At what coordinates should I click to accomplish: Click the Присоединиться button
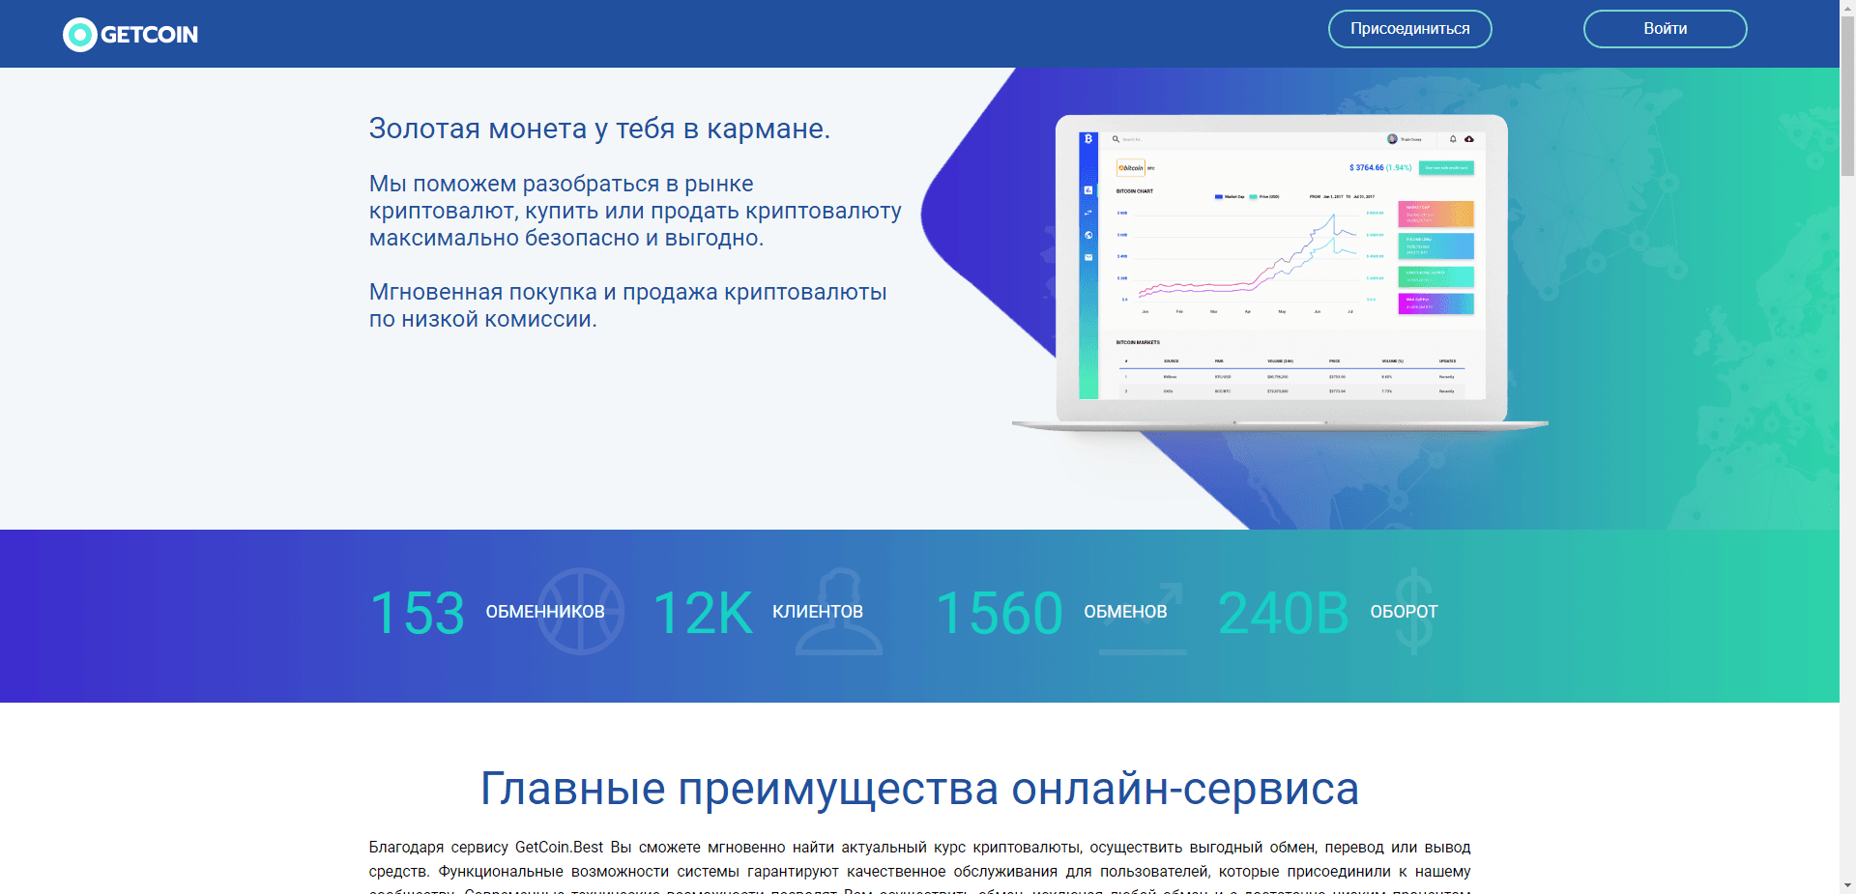point(1409,29)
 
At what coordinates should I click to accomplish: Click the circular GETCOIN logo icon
point(79,35)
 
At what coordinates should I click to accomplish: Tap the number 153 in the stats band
point(418,613)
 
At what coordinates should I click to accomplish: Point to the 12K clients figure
point(703,613)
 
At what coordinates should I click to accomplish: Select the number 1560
point(999,613)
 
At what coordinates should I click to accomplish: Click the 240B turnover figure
point(1283,613)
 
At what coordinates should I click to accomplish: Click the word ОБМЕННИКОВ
point(545,612)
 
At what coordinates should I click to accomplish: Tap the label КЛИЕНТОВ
point(818,612)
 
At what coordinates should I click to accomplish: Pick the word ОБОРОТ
point(1404,612)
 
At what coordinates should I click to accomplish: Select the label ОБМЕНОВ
point(1125,612)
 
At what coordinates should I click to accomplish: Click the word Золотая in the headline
point(425,129)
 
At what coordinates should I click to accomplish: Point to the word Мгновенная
point(435,292)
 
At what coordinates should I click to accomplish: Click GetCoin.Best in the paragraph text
point(559,848)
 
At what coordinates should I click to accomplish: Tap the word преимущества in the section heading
point(837,789)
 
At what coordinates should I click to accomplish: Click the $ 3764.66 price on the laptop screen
point(1367,167)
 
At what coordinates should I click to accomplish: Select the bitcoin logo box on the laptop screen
point(1131,167)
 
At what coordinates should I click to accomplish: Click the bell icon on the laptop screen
point(1453,139)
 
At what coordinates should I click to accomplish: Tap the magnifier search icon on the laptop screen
point(1116,139)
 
